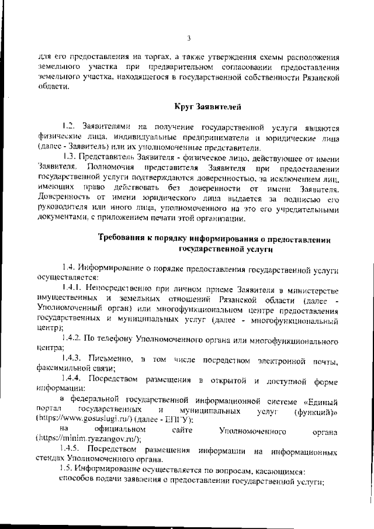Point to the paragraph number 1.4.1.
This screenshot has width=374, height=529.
coord(72,288)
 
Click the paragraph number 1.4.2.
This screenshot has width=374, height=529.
coord(72,339)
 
